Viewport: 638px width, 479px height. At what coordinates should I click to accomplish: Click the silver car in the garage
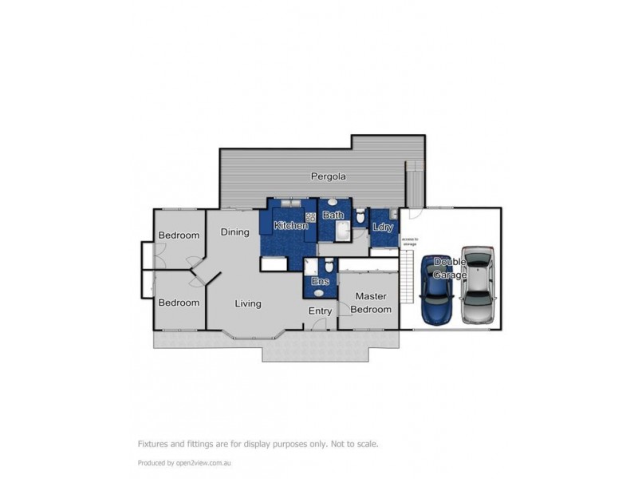pyautogui.click(x=478, y=284)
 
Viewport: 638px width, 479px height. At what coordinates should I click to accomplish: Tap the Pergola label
pyautogui.click(x=328, y=176)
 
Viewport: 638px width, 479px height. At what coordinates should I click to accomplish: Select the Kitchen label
pyautogui.click(x=291, y=226)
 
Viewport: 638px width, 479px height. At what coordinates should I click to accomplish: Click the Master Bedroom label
pyautogui.click(x=371, y=303)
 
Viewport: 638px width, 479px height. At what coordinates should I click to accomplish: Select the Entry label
pyautogui.click(x=321, y=311)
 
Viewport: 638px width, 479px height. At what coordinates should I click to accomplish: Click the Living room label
pyautogui.click(x=248, y=303)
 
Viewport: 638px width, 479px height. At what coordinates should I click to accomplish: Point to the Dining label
pyautogui.click(x=235, y=232)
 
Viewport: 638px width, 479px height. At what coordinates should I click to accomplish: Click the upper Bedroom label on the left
pyautogui.click(x=179, y=236)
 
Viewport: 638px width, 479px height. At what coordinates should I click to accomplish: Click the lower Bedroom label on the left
pyautogui.click(x=179, y=303)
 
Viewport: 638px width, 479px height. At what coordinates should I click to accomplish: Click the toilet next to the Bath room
pyautogui.click(x=360, y=216)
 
